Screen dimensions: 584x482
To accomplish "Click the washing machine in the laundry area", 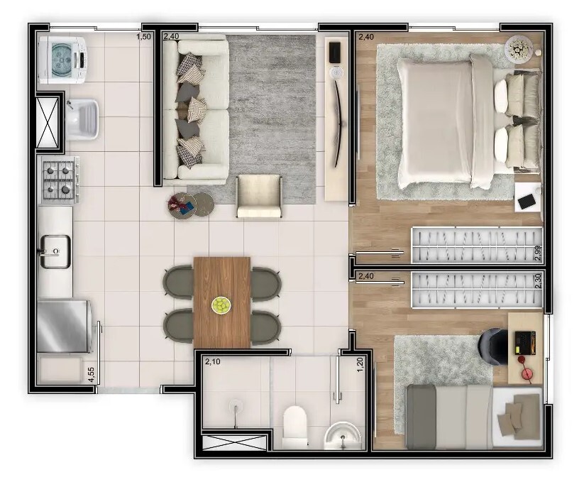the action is click(x=62, y=60).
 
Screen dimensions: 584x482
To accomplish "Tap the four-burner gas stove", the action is click(x=59, y=180).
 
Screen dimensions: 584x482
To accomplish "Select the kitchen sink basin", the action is click(x=55, y=251).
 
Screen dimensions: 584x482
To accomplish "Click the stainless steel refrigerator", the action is click(x=64, y=325).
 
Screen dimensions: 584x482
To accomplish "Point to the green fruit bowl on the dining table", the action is click(x=221, y=305).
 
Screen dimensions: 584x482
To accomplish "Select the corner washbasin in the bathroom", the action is click(x=343, y=435).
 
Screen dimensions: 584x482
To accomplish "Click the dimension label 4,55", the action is click(x=91, y=375).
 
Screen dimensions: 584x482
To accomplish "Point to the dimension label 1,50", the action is click(x=144, y=36).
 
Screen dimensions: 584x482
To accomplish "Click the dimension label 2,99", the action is click(x=537, y=253).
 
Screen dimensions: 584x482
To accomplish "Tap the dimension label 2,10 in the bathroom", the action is click(x=213, y=361).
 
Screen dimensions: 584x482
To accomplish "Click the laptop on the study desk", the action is click(x=525, y=343).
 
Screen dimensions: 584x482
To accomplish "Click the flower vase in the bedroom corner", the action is click(x=519, y=48).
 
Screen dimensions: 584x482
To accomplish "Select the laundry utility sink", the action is click(x=82, y=119).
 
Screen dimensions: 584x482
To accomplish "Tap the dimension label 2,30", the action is click(x=537, y=281).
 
